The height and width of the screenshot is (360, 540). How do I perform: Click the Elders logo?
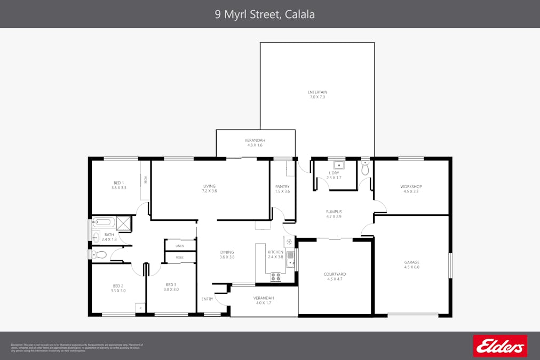tap(500, 346)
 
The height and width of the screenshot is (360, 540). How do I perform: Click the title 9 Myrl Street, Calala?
tap(265, 14)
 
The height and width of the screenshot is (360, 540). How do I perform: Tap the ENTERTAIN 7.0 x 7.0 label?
tap(317, 94)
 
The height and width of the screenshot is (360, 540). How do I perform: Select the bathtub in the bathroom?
tap(104, 222)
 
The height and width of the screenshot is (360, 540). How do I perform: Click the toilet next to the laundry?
tap(365, 169)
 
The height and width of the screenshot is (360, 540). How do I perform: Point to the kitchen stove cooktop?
tap(276, 276)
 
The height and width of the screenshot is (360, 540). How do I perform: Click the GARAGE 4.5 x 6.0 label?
tap(411, 265)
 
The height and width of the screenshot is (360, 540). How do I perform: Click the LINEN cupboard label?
tap(180, 246)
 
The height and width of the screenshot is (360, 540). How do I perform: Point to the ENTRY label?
tap(207, 299)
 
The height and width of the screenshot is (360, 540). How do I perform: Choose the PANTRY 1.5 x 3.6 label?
tap(282, 189)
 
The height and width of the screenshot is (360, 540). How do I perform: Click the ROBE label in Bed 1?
tap(145, 180)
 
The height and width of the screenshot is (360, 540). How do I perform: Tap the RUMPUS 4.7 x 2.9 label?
tap(333, 214)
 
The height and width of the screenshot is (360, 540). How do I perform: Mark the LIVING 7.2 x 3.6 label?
tap(209, 189)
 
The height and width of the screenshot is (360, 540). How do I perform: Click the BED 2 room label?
tap(118, 288)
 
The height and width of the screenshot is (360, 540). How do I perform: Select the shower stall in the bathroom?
tap(123, 222)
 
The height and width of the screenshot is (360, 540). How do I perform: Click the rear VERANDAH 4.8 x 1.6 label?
tap(255, 142)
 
